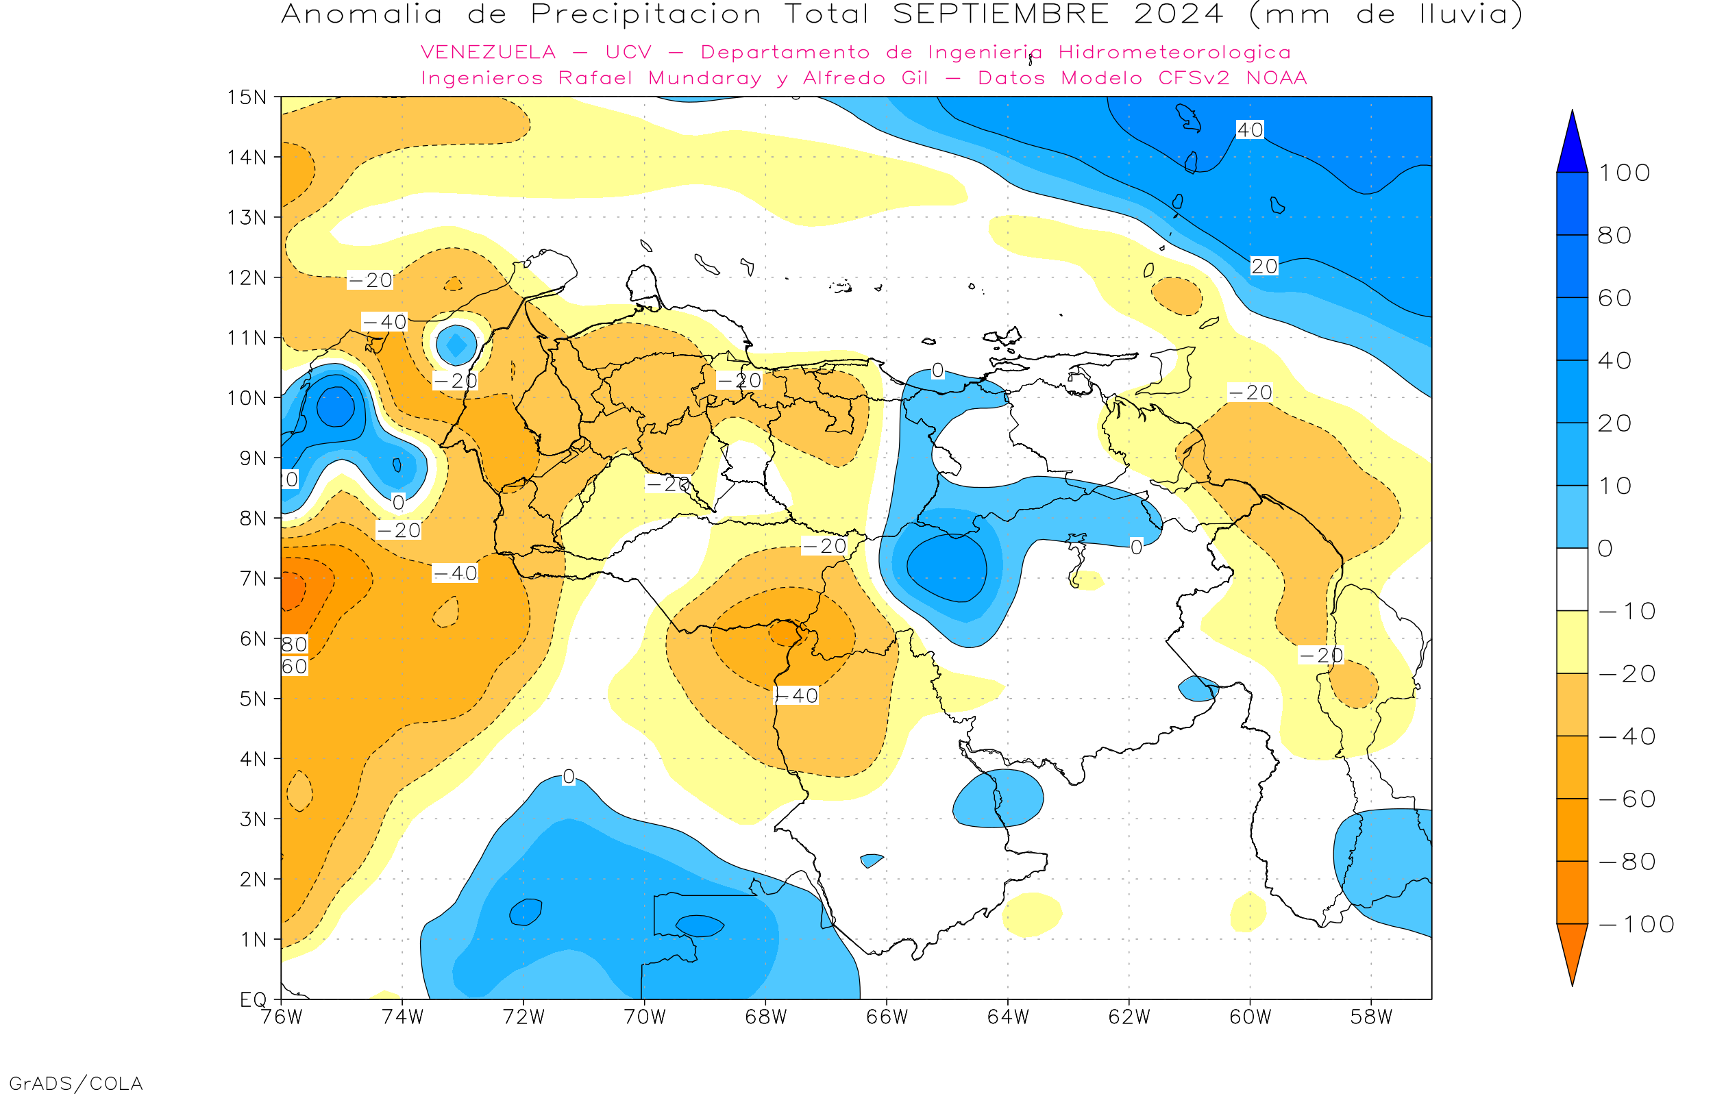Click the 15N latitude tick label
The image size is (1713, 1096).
point(246,97)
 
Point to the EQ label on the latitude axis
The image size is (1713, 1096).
point(254,999)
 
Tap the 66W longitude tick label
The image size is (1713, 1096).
point(887,1017)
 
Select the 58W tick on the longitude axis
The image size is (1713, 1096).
point(1371,1017)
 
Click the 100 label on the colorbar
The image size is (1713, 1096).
point(1624,173)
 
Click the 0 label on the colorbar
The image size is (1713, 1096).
point(1605,548)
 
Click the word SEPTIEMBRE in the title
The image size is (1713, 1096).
point(1000,14)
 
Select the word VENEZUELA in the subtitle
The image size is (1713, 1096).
point(489,52)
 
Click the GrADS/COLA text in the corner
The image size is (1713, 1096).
point(75,1083)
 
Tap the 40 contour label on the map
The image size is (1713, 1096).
point(1250,129)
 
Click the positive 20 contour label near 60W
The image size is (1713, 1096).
point(1264,266)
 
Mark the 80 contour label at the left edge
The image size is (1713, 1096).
point(294,644)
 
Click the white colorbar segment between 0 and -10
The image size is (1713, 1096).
point(1572,580)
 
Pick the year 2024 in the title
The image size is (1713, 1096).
point(1179,14)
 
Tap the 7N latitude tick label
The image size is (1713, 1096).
point(253,578)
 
